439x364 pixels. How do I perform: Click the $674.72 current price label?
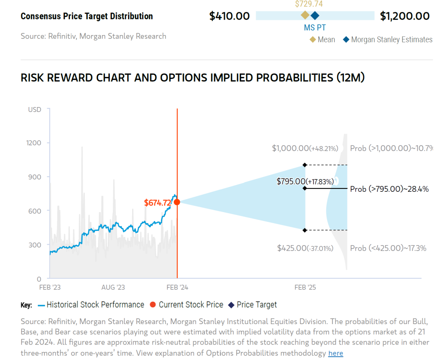(157, 202)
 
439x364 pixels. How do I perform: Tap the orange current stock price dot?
(177, 202)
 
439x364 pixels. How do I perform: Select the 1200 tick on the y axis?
(34, 143)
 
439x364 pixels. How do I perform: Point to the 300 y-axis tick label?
(35, 245)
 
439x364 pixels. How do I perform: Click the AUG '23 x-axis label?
(113, 287)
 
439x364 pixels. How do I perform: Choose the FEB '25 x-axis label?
(305, 287)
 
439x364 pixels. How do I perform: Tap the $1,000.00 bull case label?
(305, 149)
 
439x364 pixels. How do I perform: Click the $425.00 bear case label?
(305, 248)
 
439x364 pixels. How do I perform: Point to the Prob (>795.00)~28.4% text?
(389, 189)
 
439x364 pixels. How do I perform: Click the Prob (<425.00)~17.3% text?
(388, 248)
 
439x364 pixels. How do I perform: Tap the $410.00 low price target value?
(229, 16)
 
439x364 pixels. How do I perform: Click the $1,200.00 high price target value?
(404, 16)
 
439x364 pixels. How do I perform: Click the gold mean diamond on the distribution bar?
(305, 15)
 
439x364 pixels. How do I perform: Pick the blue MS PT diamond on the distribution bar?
(315, 15)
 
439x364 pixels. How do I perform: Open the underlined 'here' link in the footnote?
(335, 353)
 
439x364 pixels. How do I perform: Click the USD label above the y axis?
(35, 110)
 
